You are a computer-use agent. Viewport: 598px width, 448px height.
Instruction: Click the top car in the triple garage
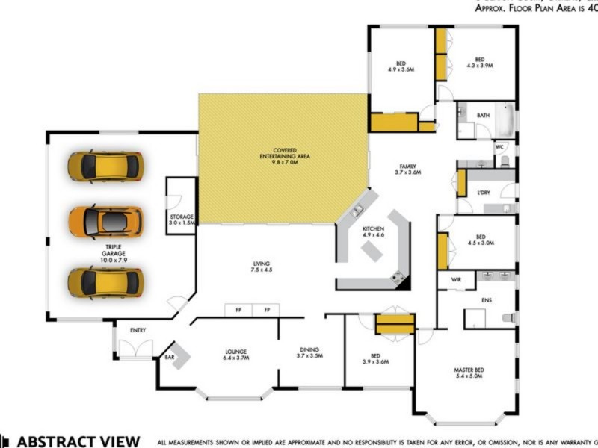pos(105,166)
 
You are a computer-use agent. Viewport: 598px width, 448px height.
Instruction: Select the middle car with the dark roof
pos(105,221)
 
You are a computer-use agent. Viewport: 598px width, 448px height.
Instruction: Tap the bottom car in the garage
pos(105,281)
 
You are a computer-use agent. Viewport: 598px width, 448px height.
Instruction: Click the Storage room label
pos(182,220)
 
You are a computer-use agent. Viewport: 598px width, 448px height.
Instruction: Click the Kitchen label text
pos(373,231)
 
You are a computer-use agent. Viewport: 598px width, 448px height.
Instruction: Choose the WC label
pos(499,147)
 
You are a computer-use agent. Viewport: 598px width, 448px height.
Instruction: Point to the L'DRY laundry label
pos(483,193)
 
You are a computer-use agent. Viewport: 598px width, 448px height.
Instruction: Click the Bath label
pos(483,116)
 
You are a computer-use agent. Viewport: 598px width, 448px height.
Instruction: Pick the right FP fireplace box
pos(266,309)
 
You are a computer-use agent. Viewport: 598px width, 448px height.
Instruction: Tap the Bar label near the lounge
pos(170,358)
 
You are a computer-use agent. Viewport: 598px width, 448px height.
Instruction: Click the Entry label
pos(138,330)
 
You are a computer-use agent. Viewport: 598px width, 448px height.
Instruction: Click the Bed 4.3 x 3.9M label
pos(479,63)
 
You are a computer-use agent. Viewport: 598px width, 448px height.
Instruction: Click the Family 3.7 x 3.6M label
pos(407,169)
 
